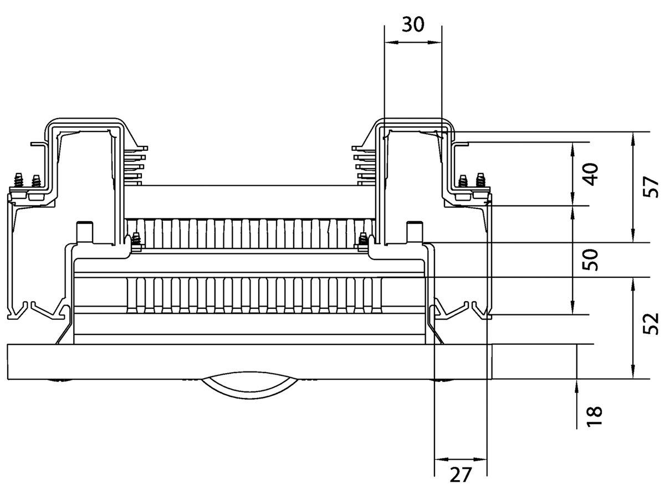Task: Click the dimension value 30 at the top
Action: (413, 25)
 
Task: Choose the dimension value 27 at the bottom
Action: (461, 475)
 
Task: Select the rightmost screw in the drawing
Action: (480, 180)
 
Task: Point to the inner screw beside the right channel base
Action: (364, 240)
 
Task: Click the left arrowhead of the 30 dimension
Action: (388, 42)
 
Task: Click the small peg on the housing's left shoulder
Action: (84, 230)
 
